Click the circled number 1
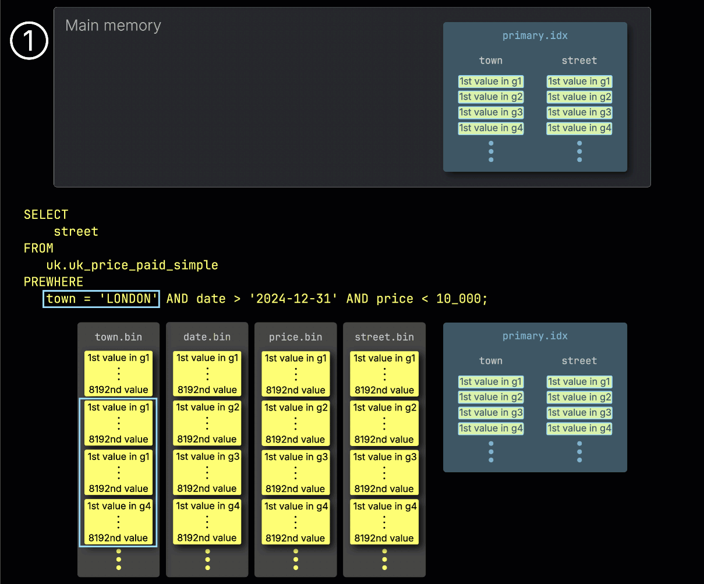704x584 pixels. point(29,41)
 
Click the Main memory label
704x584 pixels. point(113,26)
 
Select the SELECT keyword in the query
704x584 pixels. point(46,214)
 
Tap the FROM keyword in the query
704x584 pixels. point(38,248)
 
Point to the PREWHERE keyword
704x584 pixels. point(54,282)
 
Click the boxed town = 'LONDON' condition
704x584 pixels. point(101,299)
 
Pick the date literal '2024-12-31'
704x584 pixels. point(293,299)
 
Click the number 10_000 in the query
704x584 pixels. point(459,299)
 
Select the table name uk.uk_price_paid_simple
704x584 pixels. point(132,265)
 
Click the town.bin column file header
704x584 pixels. point(118,337)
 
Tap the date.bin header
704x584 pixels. point(207,337)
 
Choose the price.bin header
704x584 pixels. point(295,337)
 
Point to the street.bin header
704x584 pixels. point(384,337)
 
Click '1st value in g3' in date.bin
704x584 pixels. point(208,457)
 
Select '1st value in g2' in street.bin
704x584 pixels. point(385,408)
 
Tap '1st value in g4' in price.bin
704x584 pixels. point(296,506)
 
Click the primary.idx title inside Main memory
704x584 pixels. point(535,36)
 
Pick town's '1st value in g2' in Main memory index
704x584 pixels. point(491,97)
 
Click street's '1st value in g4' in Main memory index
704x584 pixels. point(579,128)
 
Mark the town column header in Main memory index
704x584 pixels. point(491,61)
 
